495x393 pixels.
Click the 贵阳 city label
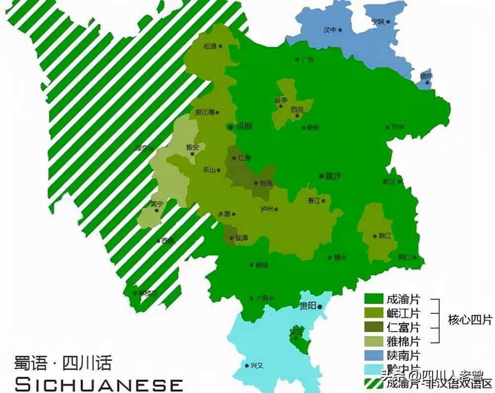click(307, 306)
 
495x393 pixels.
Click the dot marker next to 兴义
click(247, 366)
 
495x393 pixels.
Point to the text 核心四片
click(470, 320)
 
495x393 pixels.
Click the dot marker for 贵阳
click(320, 307)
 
